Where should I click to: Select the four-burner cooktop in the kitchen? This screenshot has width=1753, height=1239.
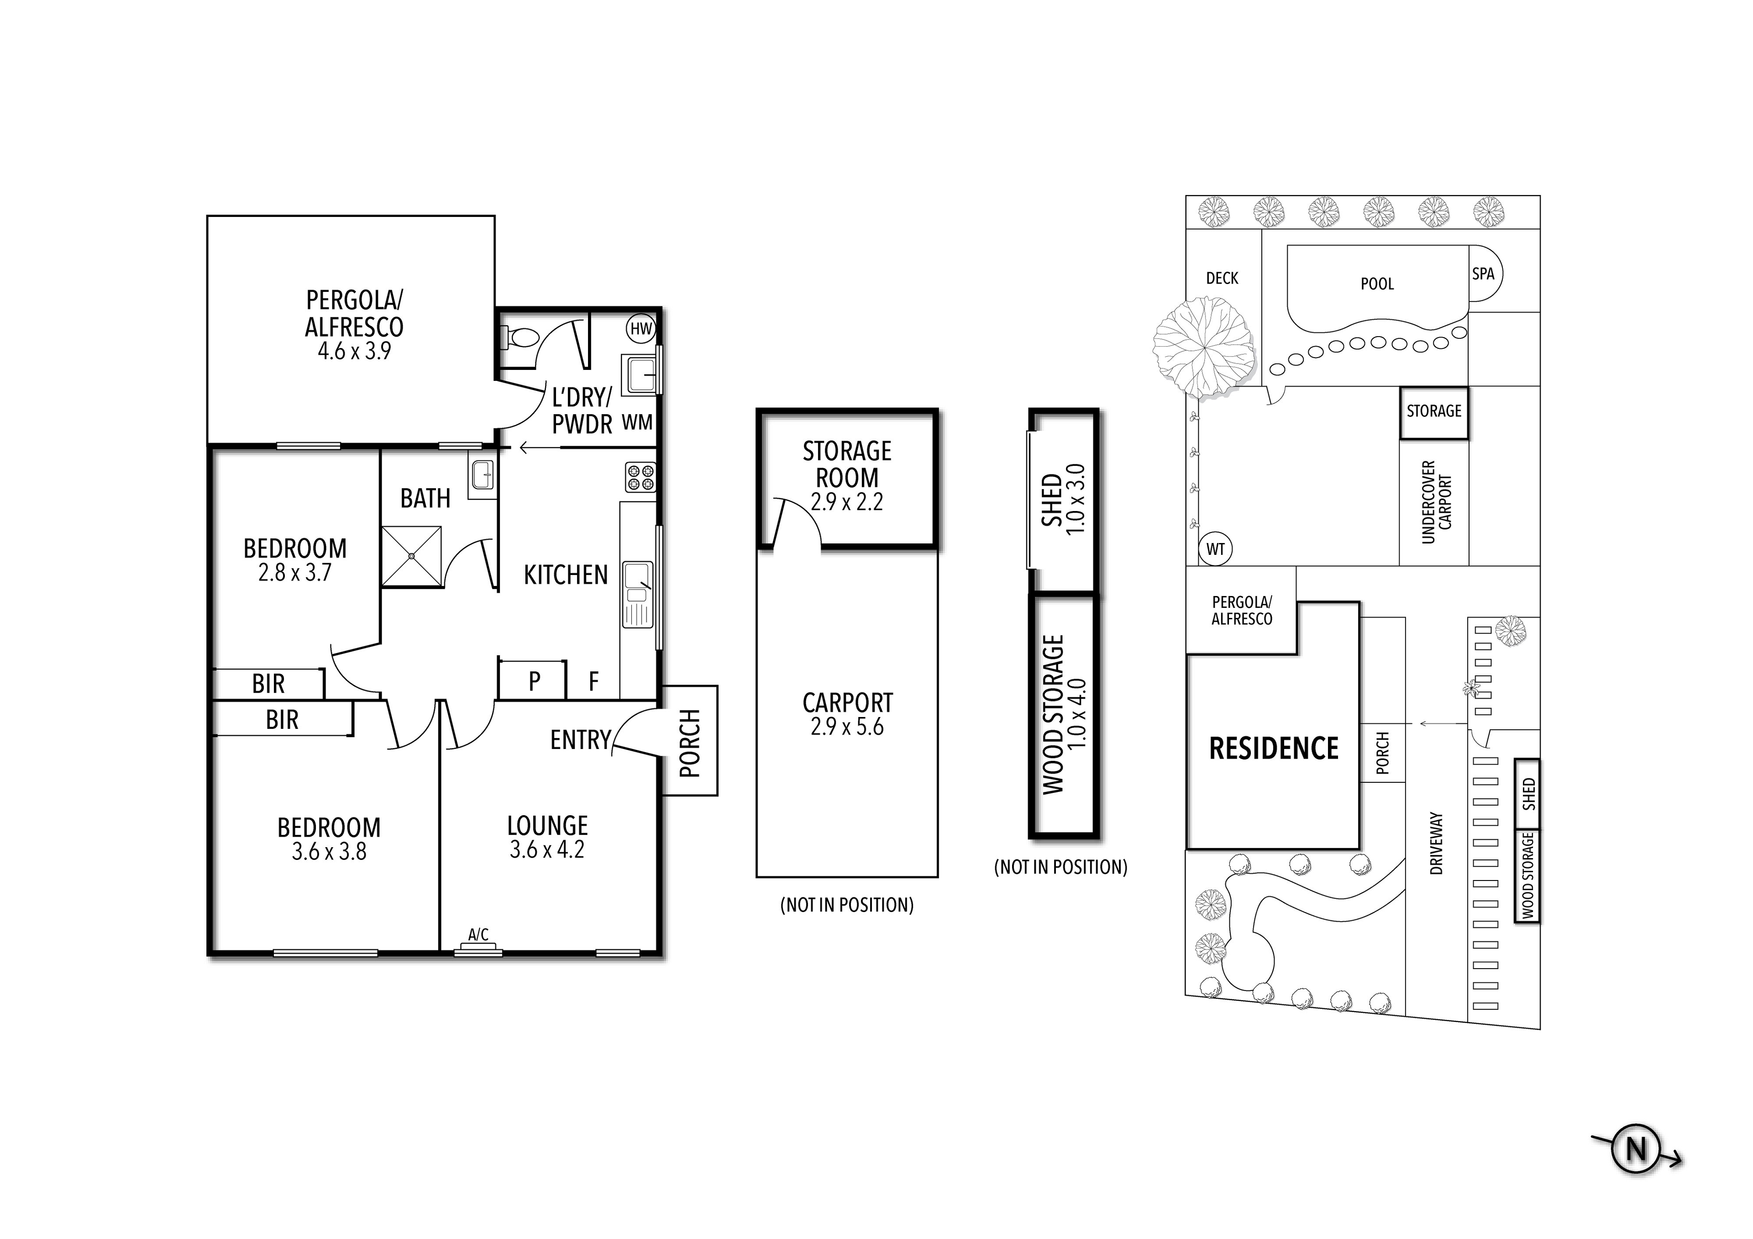click(x=640, y=477)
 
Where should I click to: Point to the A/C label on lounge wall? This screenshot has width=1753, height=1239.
click(x=478, y=934)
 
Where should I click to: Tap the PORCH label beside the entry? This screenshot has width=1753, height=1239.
click(x=689, y=743)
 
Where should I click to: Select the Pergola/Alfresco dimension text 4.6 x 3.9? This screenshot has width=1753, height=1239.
click(x=354, y=351)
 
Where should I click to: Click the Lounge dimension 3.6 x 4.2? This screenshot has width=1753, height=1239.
click(x=546, y=849)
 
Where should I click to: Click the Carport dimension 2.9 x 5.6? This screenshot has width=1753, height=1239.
click(x=847, y=727)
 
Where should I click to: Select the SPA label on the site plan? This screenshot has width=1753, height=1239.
click(x=1483, y=274)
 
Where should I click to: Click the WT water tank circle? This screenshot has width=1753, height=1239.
click(x=1216, y=548)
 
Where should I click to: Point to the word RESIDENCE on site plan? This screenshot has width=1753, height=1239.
click(x=1274, y=749)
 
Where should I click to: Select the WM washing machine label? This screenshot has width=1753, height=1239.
click(x=637, y=422)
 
